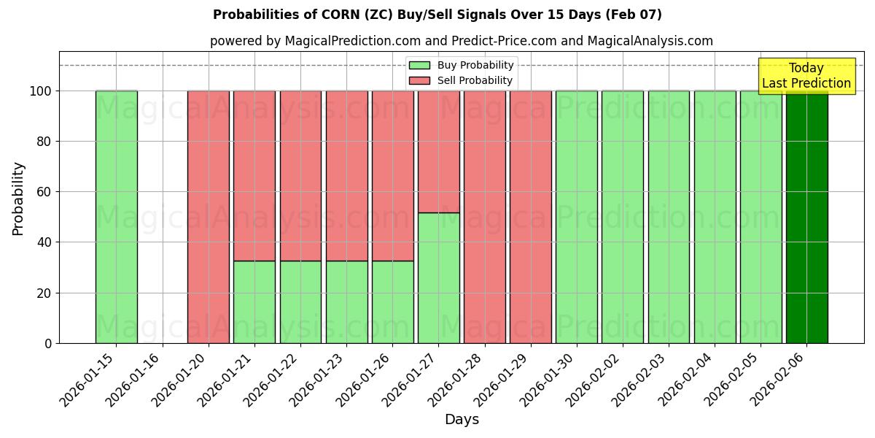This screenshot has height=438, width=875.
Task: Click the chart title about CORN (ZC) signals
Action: tap(437, 15)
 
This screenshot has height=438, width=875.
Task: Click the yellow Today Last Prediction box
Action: tap(806, 76)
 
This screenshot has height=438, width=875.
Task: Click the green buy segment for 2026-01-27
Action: tap(439, 277)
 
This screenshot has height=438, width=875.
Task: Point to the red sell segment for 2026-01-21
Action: tap(254, 175)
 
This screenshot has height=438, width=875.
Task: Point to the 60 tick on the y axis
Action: tap(45, 192)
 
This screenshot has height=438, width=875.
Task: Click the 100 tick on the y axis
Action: tap(42, 91)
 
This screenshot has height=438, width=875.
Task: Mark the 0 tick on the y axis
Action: tap(48, 343)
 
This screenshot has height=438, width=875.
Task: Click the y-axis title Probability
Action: tap(18, 199)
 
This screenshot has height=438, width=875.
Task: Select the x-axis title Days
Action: tap(462, 420)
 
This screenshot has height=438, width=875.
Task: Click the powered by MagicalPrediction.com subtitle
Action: tap(461, 41)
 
